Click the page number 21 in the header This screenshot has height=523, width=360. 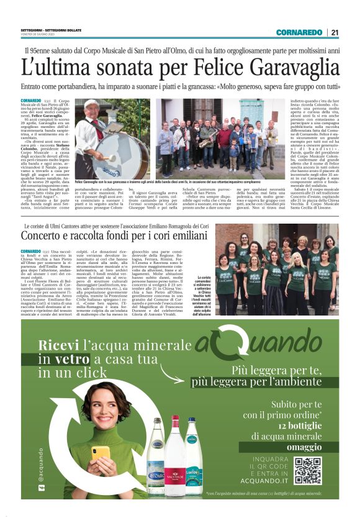click(x=335, y=33)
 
